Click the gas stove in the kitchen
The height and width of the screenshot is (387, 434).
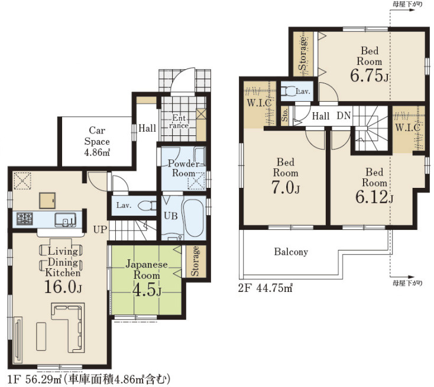[25, 219]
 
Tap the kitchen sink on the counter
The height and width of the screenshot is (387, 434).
[65, 220]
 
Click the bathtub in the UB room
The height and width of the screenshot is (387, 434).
[193, 217]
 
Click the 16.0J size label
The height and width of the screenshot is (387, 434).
[63, 287]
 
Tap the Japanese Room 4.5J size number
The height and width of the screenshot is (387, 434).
[147, 290]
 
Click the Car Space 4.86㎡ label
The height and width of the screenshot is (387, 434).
[97, 141]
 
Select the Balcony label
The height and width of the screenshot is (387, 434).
[291, 252]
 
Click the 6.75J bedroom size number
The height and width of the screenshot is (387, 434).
[369, 75]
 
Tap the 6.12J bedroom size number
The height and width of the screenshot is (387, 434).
[374, 197]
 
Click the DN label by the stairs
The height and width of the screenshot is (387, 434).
[344, 116]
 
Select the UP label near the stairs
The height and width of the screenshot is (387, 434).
[100, 229]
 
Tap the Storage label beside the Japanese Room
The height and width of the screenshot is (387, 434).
[195, 261]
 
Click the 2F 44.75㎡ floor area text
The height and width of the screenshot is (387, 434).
[265, 288]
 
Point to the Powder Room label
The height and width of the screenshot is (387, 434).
[183, 168]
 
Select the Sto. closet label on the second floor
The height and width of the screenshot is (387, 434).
[285, 115]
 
